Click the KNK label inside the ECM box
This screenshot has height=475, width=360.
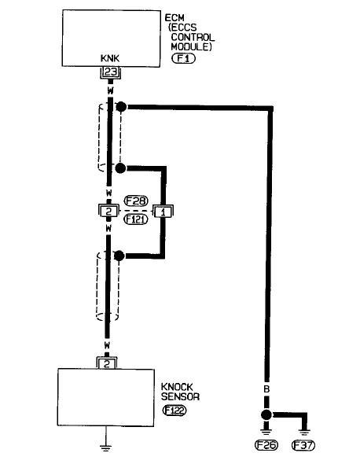point(110,58)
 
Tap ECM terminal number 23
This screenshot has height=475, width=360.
point(110,72)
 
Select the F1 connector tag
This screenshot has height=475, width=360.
point(183,58)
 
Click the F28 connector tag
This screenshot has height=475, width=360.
point(136,201)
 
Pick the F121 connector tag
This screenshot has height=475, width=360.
point(136,219)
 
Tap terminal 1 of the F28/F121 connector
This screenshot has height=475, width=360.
point(163,211)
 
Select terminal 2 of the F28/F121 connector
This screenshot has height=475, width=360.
point(108,211)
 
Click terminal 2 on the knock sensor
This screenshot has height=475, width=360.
point(107,363)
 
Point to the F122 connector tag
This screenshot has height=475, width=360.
point(174,411)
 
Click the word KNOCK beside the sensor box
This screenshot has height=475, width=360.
point(177,387)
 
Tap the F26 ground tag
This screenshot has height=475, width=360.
point(266,445)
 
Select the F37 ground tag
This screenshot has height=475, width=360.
point(303,445)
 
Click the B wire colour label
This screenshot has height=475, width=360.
point(266,389)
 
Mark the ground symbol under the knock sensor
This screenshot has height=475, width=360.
point(105,447)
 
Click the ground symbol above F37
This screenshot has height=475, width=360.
point(303,433)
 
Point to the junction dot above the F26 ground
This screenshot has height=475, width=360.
point(266,414)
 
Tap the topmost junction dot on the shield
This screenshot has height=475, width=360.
point(121,107)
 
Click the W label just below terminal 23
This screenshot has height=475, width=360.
point(110,90)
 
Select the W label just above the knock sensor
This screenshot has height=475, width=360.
point(107,344)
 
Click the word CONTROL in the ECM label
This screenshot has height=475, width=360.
point(193,37)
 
